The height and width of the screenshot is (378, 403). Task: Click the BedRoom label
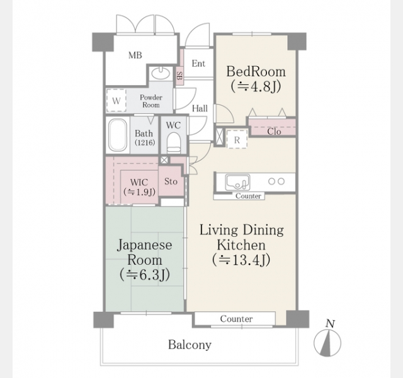256,71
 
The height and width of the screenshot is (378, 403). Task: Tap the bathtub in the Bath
118,135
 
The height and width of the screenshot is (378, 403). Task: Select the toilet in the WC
174,143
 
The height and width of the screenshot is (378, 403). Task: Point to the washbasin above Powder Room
161,73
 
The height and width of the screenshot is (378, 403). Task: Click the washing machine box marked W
116,100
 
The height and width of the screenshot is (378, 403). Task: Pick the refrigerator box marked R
237,139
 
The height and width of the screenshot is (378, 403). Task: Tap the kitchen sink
237,182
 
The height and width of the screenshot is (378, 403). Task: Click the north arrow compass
327,343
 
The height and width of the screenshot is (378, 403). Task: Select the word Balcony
190,345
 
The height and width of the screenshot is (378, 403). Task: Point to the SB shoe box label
179,76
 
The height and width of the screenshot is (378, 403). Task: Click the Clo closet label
274,132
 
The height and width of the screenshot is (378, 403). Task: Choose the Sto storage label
171,181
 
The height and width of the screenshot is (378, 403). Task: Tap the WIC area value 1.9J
139,192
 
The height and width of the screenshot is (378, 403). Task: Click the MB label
135,55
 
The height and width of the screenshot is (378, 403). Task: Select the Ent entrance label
198,63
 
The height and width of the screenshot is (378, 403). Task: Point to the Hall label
200,108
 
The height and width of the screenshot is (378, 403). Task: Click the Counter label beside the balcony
236,319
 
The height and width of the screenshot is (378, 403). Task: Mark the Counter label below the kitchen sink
248,196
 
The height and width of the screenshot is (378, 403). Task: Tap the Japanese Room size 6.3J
145,275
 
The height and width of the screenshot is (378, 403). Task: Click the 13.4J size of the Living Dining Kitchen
241,260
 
